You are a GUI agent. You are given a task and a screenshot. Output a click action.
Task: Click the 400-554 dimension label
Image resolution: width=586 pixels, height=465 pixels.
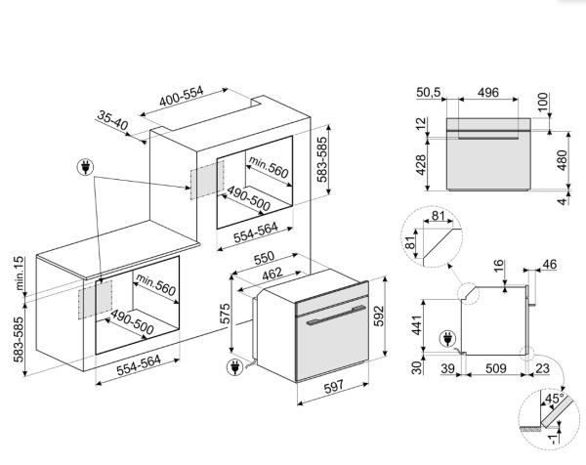click(x=182, y=97)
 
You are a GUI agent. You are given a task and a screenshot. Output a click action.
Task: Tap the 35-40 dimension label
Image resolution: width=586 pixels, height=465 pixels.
click(x=112, y=119)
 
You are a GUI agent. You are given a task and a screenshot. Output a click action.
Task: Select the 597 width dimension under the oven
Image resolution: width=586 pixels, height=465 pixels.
click(x=333, y=387)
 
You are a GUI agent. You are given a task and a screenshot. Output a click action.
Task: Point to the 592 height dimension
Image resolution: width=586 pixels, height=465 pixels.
click(x=379, y=316)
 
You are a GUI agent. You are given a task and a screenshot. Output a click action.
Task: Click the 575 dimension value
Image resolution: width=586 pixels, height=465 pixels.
click(x=225, y=314)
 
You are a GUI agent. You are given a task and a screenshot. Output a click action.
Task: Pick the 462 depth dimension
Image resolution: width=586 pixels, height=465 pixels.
click(x=272, y=274)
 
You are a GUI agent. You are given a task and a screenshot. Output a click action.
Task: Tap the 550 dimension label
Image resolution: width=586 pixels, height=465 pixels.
click(x=264, y=258)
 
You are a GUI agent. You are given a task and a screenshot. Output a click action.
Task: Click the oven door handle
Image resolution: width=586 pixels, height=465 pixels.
click(x=335, y=315)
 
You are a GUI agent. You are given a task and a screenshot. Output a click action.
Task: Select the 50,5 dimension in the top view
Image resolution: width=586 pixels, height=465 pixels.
click(x=429, y=92)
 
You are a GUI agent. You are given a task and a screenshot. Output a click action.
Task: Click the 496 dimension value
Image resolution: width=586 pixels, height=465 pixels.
click(x=488, y=93)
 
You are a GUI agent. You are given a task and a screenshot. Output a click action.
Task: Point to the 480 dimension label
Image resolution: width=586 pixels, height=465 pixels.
click(x=562, y=160)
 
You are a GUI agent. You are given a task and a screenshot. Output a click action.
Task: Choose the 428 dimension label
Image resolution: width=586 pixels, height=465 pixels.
click(x=420, y=164)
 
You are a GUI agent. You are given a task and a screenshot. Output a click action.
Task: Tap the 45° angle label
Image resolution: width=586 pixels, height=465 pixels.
click(x=555, y=399)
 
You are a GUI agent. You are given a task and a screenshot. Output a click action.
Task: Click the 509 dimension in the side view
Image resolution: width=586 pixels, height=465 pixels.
click(x=496, y=368)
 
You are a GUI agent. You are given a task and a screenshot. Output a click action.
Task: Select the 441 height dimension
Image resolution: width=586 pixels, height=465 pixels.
click(x=416, y=325)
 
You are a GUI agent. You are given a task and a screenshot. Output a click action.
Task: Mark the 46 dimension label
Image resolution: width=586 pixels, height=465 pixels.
click(x=549, y=265)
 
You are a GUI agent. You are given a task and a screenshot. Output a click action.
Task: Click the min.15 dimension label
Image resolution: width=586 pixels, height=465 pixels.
click(x=20, y=274)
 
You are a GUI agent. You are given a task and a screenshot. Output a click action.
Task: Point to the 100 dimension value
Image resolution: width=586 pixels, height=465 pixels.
click(x=543, y=102)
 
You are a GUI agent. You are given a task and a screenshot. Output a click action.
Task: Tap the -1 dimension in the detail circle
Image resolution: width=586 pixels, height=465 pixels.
click(x=554, y=438)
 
